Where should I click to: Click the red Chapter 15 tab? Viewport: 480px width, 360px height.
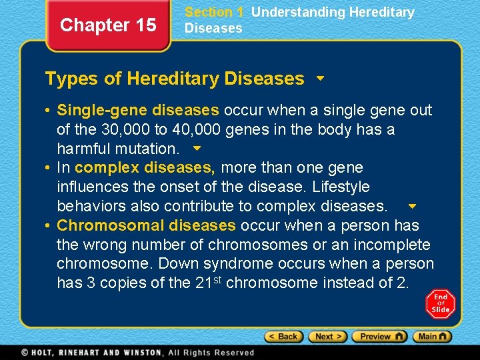108,25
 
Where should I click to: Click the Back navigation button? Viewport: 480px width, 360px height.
283,337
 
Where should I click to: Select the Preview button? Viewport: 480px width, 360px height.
379,337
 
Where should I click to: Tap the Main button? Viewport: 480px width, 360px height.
433,337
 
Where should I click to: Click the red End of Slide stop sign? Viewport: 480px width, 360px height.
440,304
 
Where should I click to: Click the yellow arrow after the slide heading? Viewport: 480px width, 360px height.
320,79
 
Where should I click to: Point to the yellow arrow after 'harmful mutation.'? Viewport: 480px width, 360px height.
196,148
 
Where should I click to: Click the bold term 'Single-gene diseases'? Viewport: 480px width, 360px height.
138,110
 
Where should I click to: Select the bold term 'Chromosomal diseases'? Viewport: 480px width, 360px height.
147,225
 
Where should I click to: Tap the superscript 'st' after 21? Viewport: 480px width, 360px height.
219,279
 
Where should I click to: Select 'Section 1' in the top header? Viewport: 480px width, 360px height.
214,12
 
